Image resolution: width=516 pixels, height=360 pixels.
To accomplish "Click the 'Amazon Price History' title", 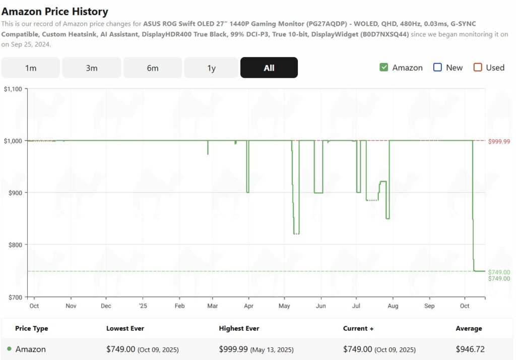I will (x=55, y=11).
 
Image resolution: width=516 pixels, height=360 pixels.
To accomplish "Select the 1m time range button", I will (x=31, y=68).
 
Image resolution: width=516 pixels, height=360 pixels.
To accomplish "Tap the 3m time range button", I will (x=92, y=68).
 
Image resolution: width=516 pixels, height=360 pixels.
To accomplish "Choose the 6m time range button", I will (x=153, y=68).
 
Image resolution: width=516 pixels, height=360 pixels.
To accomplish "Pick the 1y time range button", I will (x=212, y=68).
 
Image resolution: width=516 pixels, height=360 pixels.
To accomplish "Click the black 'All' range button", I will (x=269, y=68).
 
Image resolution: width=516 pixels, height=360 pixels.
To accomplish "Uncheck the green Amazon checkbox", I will (x=384, y=68).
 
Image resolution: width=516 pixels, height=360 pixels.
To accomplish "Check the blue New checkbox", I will (x=437, y=68).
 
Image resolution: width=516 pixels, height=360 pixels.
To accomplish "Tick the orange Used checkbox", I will (x=478, y=68).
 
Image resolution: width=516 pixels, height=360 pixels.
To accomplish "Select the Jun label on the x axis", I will (x=320, y=306).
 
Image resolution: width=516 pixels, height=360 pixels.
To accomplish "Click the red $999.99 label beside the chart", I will (x=499, y=142).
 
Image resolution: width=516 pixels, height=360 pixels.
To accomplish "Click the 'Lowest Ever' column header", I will (x=125, y=329).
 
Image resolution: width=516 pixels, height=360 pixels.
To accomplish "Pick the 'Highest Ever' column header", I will (x=239, y=329).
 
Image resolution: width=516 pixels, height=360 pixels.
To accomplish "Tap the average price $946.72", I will (x=469, y=349).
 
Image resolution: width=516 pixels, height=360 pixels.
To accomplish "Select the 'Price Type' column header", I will (x=31, y=329).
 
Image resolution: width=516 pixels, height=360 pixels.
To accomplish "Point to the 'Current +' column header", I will (x=358, y=329).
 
